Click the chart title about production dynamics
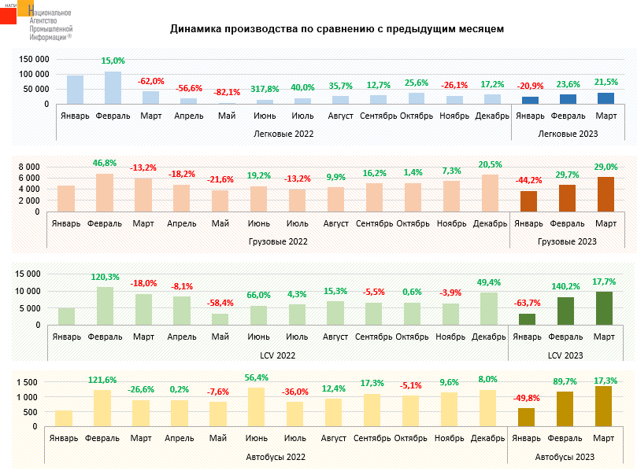coord(337,29)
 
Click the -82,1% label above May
coord(227,93)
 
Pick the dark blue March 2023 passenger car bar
coord(606,98)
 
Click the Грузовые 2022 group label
coord(280,241)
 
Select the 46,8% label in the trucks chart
coord(104,163)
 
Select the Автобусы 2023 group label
coord(565,456)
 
